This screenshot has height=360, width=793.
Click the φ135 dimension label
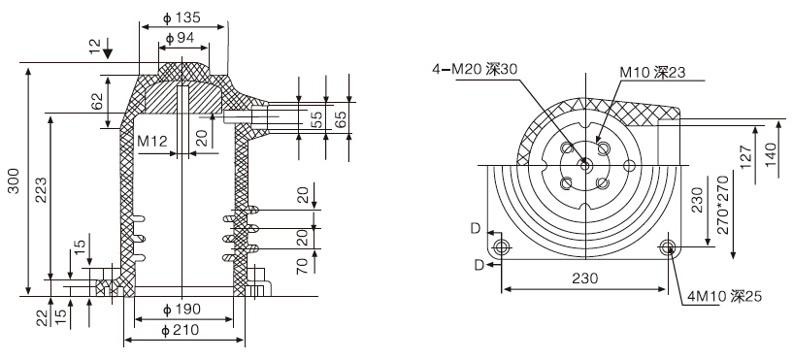[x=182, y=17]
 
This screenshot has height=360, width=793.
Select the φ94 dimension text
[x=180, y=38]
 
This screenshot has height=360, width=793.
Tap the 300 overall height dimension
[x=15, y=181]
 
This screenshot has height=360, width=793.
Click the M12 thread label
[x=152, y=141]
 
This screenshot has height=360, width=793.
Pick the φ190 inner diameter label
[x=182, y=309]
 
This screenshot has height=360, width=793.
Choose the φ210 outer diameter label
[x=180, y=331]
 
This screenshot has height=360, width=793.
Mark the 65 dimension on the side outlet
[x=342, y=120]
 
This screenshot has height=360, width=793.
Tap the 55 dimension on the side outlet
[x=316, y=120]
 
